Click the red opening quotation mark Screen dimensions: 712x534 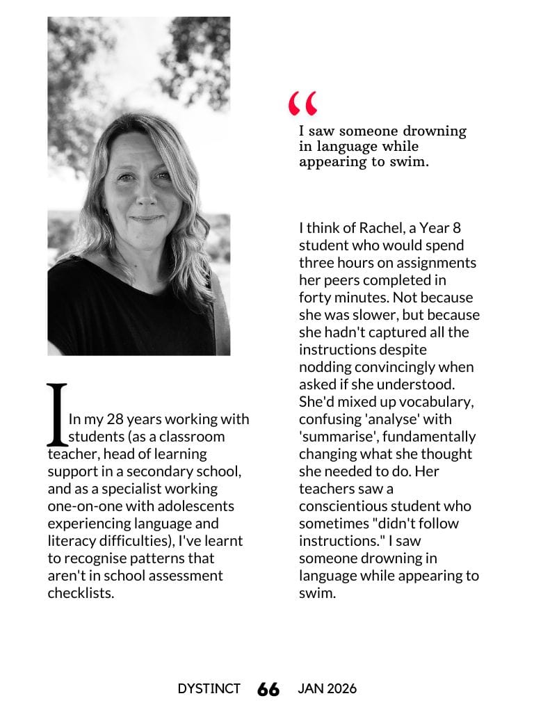pos(303,104)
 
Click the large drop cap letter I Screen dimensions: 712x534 pos(57,414)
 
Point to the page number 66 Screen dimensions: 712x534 pos(268,689)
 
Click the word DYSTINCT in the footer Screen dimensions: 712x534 pos(209,688)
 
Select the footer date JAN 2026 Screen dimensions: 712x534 pos(327,688)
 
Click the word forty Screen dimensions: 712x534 pos(316,298)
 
